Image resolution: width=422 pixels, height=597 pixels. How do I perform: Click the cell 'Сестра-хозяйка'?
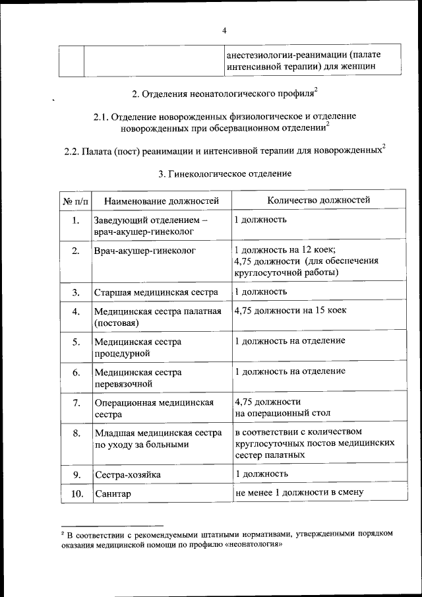click(x=127, y=475)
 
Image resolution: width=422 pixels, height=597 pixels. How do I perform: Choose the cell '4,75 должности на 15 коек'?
click(x=290, y=310)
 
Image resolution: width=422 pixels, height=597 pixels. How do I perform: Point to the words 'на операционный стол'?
click(x=282, y=414)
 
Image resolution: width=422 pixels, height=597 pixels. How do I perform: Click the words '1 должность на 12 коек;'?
click(x=286, y=250)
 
